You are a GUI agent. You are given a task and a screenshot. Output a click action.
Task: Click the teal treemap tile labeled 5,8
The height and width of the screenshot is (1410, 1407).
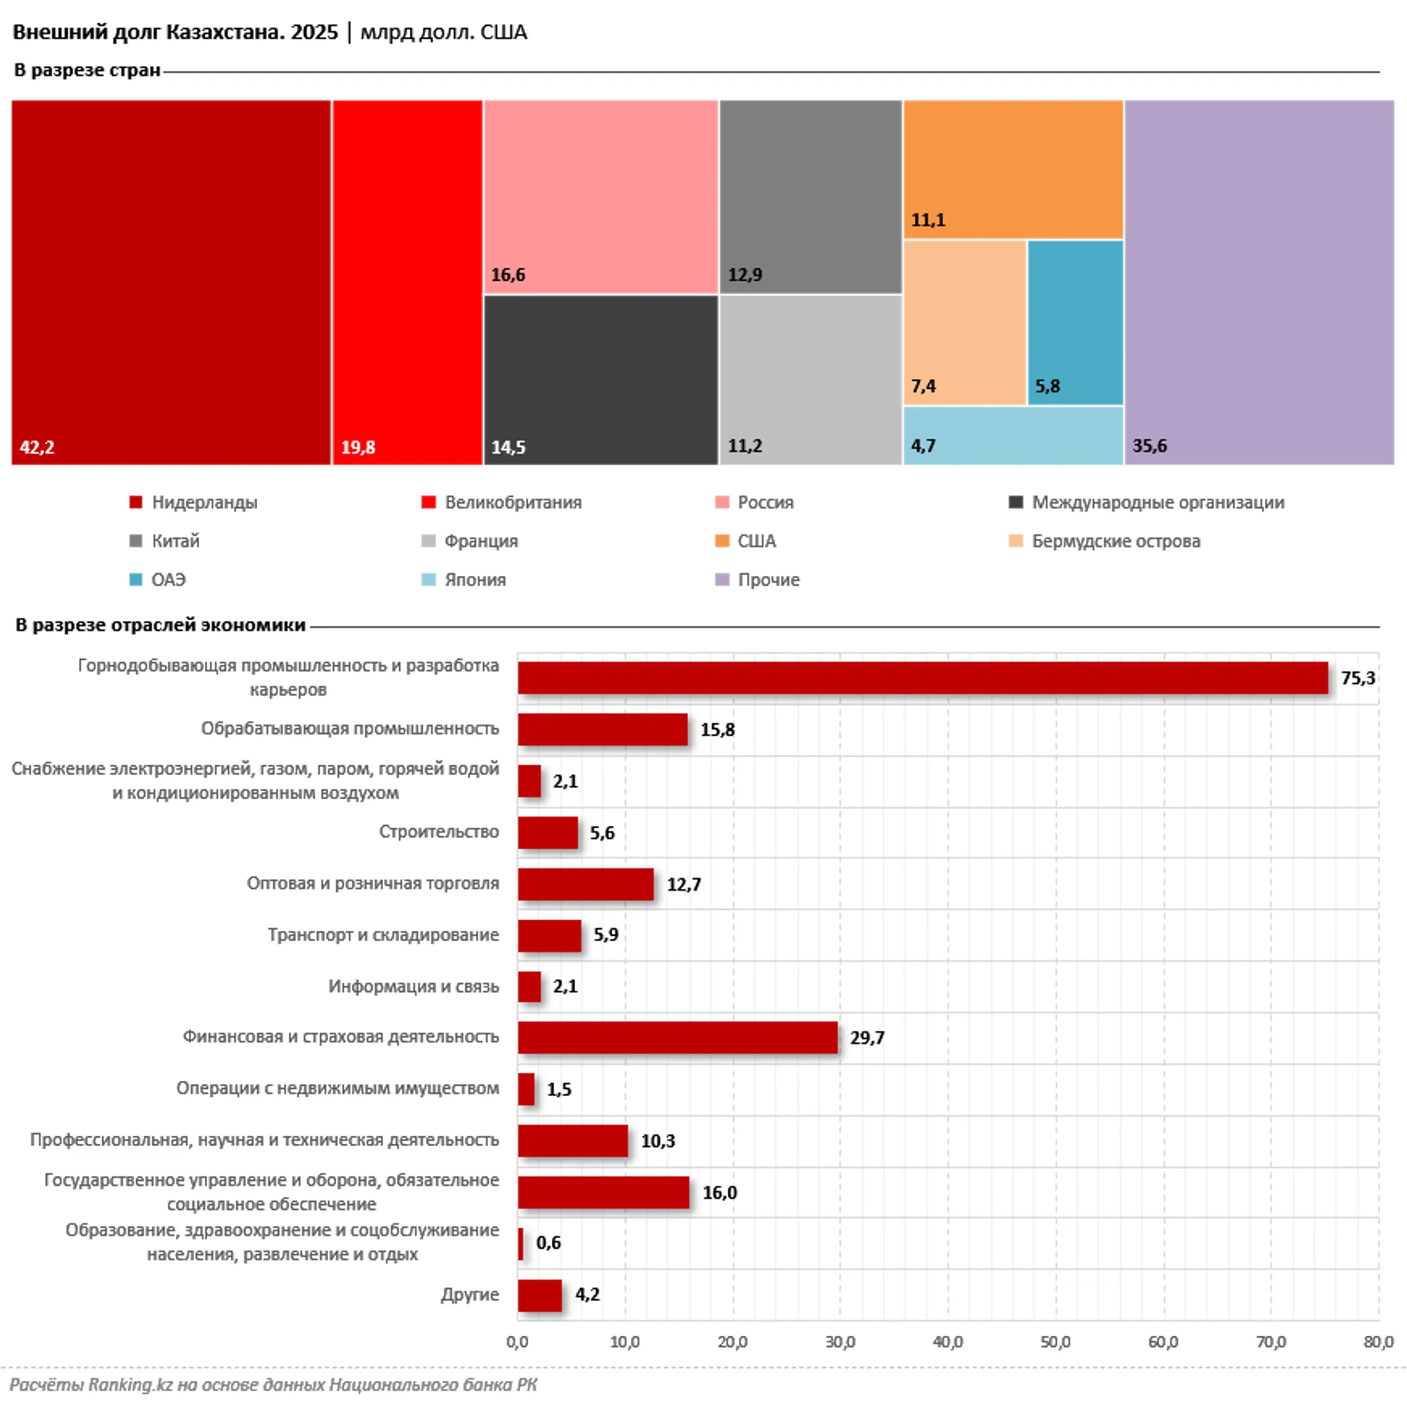click(x=1075, y=322)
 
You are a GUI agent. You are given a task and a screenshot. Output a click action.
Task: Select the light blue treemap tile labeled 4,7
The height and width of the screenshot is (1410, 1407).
click(x=1013, y=436)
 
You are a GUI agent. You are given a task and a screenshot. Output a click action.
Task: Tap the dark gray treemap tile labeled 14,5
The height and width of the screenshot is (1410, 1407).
click(x=601, y=380)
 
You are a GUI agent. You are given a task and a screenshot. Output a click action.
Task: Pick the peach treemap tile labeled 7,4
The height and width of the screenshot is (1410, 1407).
click(x=965, y=322)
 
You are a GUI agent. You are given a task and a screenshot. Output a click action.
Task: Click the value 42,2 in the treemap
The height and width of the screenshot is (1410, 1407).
click(x=36, y=447)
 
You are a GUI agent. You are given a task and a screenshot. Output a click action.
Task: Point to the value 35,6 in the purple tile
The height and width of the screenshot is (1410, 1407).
click(x=1150, y=446)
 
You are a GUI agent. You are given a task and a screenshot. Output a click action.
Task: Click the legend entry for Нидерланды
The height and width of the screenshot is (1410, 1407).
click(x=193, y=503)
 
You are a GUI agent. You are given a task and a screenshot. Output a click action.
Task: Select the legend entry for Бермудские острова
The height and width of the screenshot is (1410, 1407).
click(x=1104, y=541)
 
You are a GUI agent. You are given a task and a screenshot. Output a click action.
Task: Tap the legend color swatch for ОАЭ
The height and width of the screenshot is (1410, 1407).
click(x=135, y=580)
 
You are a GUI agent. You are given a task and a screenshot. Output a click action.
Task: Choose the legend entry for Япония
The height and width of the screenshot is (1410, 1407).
click(x=464, y=580)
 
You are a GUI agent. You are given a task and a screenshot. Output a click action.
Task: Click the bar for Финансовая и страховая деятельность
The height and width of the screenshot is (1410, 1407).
click(x=677, y=1037)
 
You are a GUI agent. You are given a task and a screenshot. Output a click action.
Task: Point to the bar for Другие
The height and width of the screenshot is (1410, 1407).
click(x=540, y=1295)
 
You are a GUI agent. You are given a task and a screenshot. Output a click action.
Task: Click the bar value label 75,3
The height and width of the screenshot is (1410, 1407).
click(x=1357, y=678)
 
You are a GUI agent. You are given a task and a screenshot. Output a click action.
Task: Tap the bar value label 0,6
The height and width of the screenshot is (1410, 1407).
click(x=548, y=1243)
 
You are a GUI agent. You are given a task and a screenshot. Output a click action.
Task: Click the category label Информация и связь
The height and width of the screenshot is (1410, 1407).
click(x=413, y=987)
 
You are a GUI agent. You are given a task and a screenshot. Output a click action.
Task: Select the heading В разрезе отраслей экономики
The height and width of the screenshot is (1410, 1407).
click(x=160, y=625)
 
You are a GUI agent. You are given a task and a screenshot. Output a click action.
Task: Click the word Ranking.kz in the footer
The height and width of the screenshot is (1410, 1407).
click(x=131, y=1385)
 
